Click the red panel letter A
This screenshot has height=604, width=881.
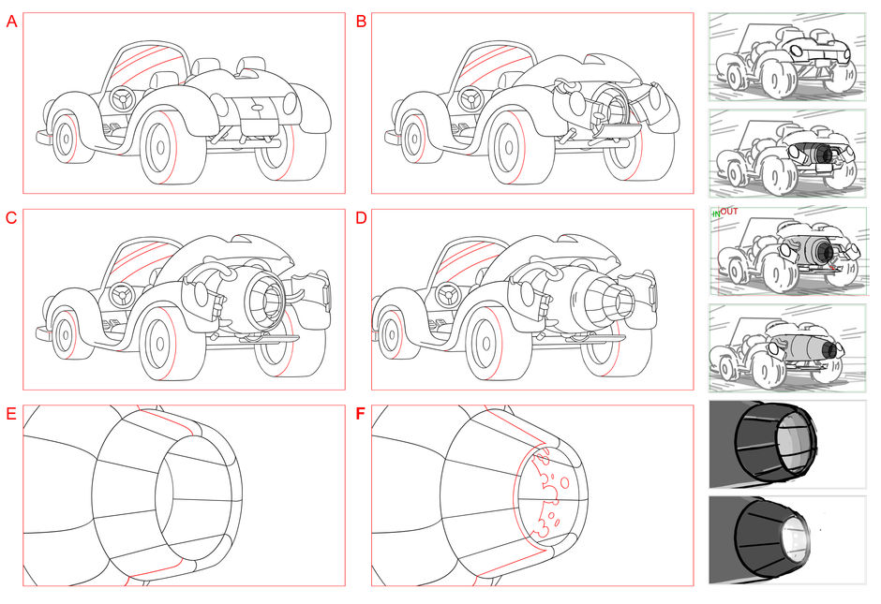tap(11, 22)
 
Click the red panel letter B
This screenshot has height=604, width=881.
tap(362, 22)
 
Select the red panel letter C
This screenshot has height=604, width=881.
tap(11, 219)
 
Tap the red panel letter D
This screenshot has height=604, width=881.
tap(362, 219)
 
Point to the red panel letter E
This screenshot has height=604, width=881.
tap(11, 415)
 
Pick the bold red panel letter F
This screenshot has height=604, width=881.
tap(362, 415)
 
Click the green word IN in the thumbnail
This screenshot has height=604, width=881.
tap(716, 214)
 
